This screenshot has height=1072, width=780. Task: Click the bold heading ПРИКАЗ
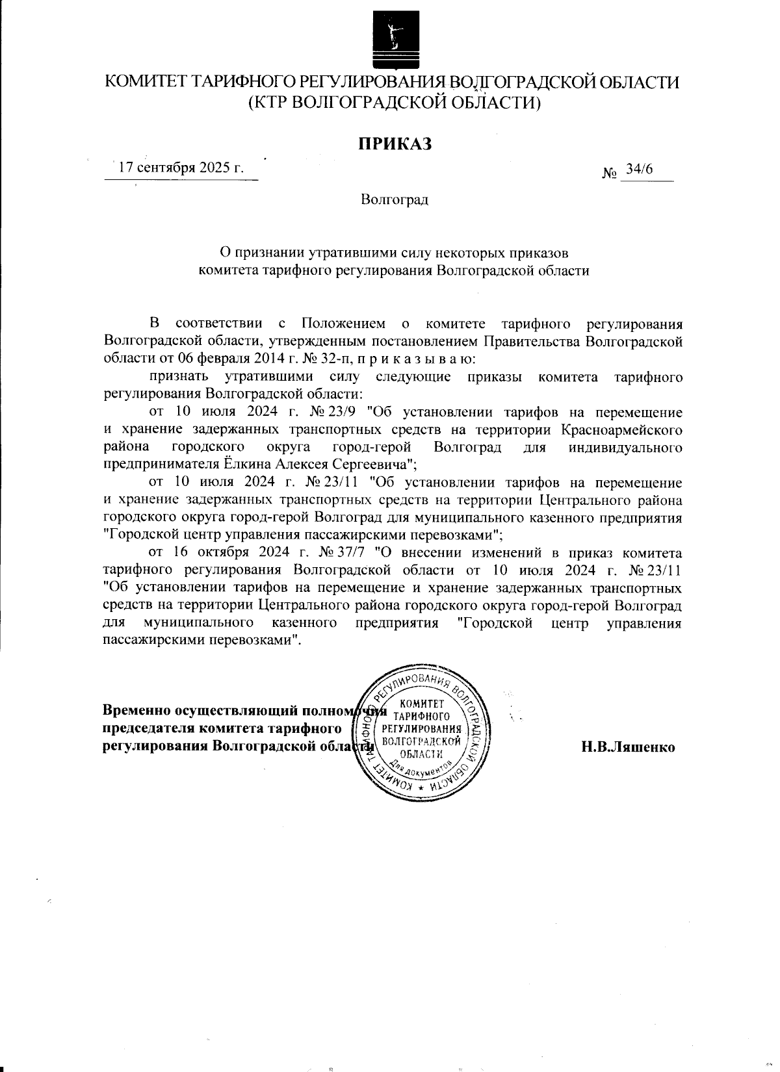point(395,144)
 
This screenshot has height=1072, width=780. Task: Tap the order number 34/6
point(639,170)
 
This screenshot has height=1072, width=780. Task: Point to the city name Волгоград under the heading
point(395,199)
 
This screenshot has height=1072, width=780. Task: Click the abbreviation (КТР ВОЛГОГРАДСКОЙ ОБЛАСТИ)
point(395,103)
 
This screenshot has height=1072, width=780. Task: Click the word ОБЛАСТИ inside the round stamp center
point(422,754)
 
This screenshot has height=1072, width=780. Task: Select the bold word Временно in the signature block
point(135,709)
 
